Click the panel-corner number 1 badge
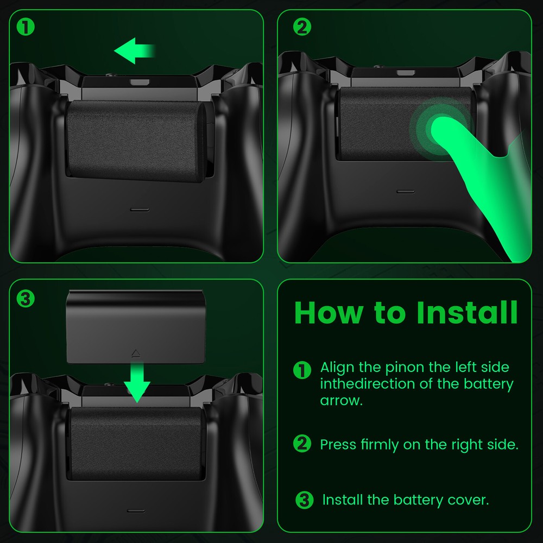tap(26, 27)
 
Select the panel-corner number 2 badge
tap(302, 27)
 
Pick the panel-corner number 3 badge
tap(26, 298)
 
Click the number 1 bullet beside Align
tap(302, 370)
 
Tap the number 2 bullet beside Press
tap(302, 444)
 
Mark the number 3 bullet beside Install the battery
tap(305, 500)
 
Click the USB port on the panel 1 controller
tap(140, 83)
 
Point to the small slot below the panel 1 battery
tap(140, 209)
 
